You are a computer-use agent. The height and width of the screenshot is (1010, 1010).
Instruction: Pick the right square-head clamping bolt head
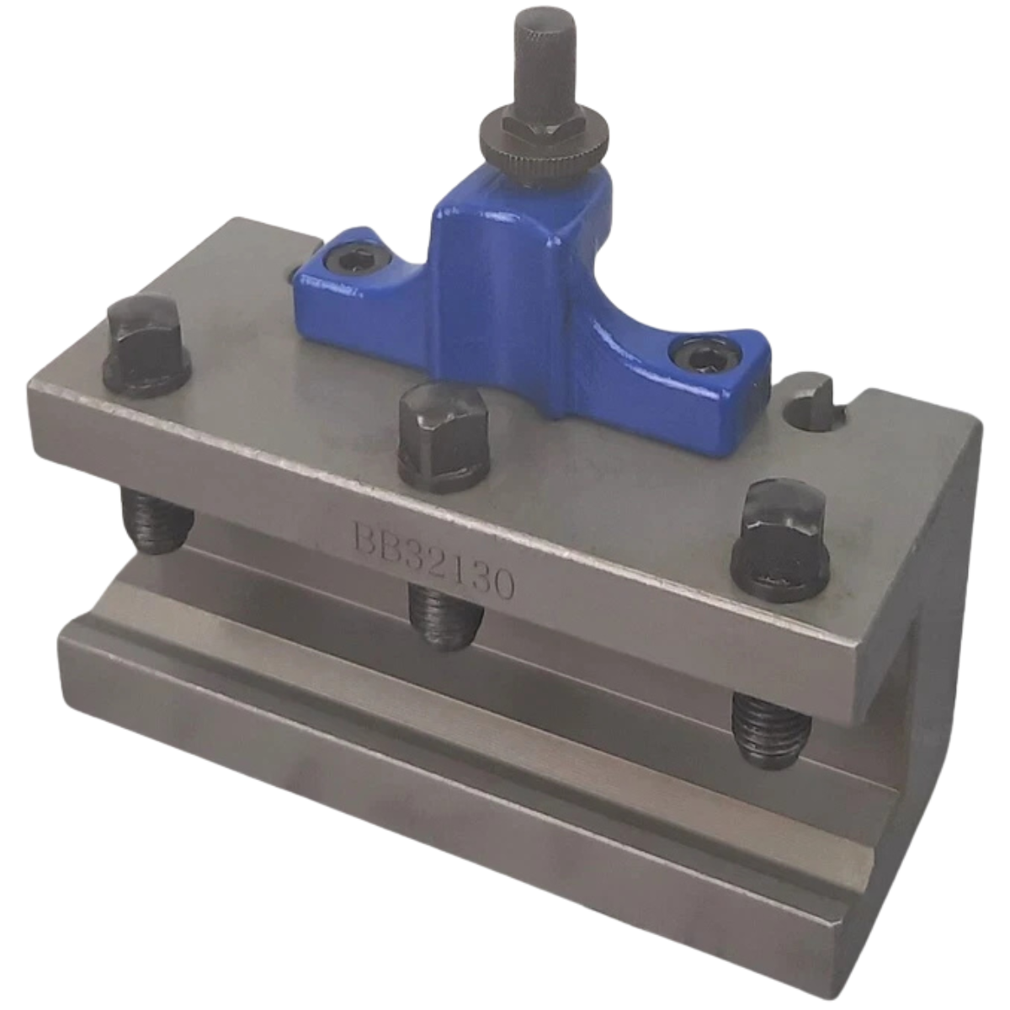(780, 540)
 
